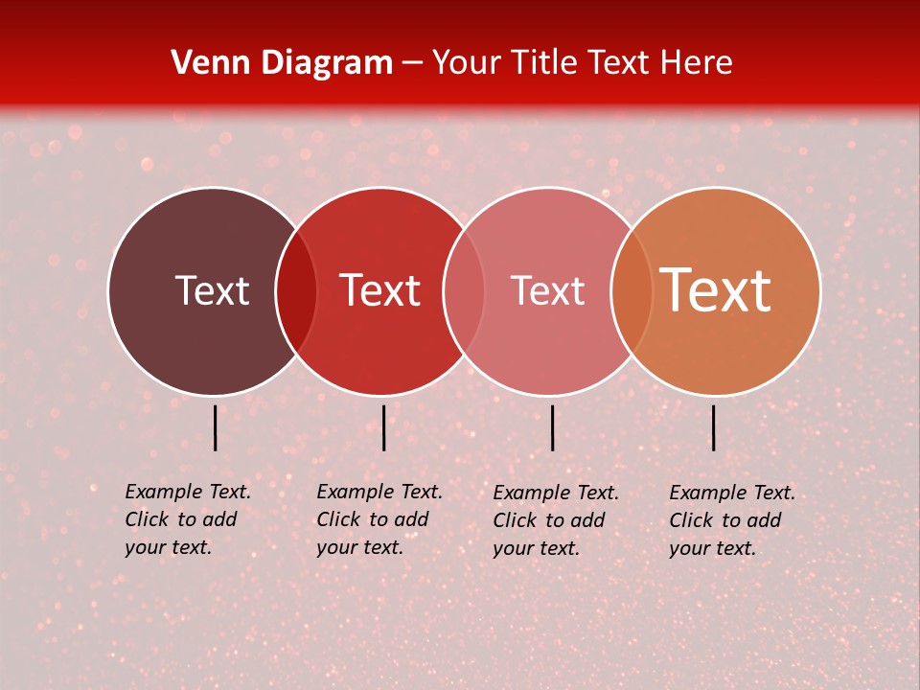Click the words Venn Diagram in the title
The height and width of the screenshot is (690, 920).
pyautogui.click(x=282, y=63)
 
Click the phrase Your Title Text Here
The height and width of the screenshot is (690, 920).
pyautogui.click(x=582, y=63)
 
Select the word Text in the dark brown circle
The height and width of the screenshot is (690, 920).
pyautogui.click(x=212, y=290)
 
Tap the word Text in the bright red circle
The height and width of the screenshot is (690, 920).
pyautogui.click(x=380, y=290)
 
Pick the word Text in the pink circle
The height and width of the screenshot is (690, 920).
pyautogui.click(x=547, y=290)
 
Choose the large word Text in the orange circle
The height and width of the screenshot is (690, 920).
pyautogui.click(x=716, y=290)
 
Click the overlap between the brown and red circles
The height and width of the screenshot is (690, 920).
pyautogui.click(x=296, y=291)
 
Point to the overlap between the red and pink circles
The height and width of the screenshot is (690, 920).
pyautogui.click(x=464, y=291)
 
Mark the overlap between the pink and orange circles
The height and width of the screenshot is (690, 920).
pyautogui.click(x=632, y=291)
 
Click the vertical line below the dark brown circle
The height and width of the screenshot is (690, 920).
pyautogui.click(x=215, y=427)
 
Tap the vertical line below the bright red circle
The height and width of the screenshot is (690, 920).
pyautogui.click(x=383, y=427)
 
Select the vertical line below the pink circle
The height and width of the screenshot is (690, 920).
pyautogui.click(x=552, y=427)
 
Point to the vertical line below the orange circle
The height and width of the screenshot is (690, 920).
pyautogui.click(x=713, y=427)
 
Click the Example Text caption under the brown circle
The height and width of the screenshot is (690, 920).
pyautogui.click(x=188, y=492)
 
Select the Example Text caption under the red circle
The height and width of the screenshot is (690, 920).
pyautogui.click(x=379, y=492)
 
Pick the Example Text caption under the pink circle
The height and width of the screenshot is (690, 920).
pyautogui.click(x=556, y=493)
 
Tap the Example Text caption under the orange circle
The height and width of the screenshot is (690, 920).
pyautogui.click(x=732, y=493)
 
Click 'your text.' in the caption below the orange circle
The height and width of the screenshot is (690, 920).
pyautogui.click(x=712, y=548)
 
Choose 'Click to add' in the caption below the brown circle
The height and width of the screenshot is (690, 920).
pyautogui.click(x=180, y=519)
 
